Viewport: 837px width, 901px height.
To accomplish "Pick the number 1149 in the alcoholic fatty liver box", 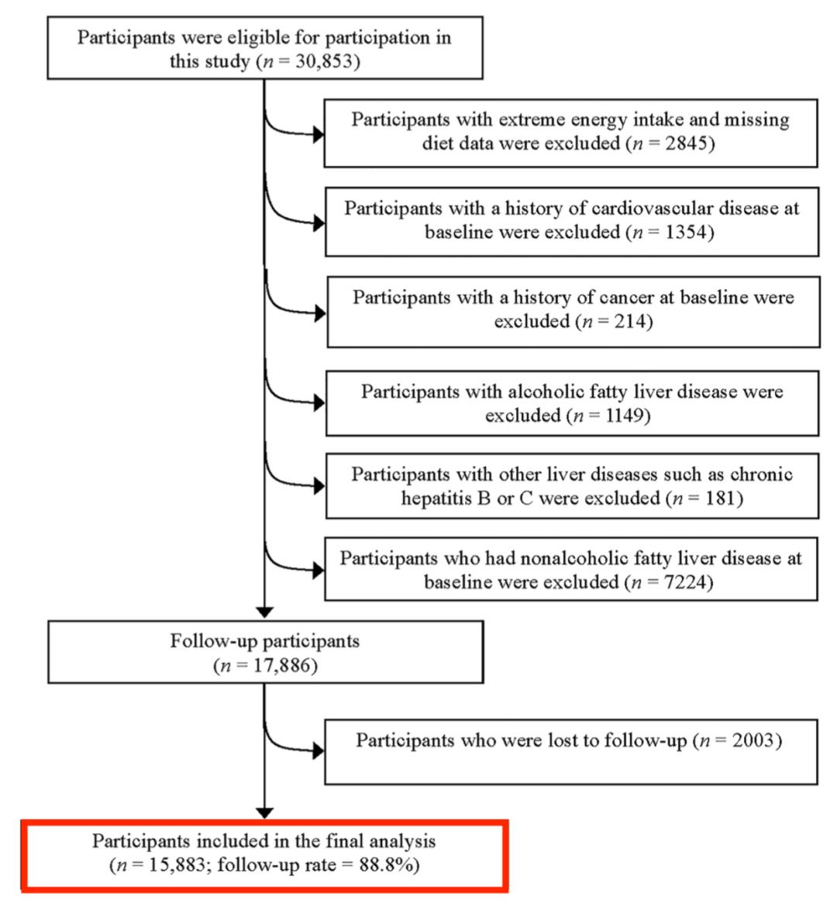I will pos(624,416).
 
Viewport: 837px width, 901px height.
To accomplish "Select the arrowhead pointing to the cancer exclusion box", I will pos(319,314).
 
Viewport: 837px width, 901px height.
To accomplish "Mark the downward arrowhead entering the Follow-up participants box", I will pos(264,613).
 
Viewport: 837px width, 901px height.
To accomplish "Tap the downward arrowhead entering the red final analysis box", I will pos(264,813).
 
